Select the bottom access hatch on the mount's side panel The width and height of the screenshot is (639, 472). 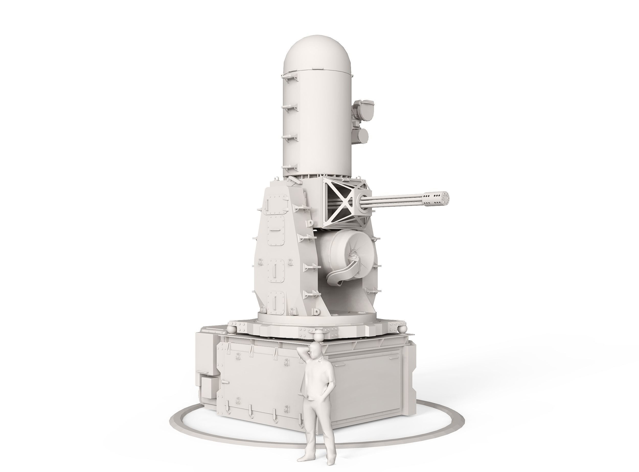point(274,305)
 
